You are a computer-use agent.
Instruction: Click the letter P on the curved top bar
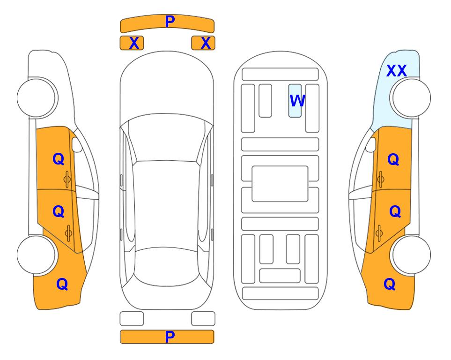(170, 21)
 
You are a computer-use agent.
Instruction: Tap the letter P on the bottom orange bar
(170, 337)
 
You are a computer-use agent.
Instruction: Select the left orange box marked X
(132, 43)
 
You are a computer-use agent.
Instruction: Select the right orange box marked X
(203, 43)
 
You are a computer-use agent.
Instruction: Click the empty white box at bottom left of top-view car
(132, 319)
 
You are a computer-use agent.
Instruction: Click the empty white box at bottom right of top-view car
(203, 319)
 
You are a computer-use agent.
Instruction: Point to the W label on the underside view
(297, 100)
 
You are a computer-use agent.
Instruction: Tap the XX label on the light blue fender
(396, 71)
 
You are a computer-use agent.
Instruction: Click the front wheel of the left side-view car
(37, 98)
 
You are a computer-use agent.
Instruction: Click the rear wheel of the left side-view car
(37, 255)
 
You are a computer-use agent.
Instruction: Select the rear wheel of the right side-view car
(412, 255)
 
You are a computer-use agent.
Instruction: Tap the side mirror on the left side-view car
(77, 144)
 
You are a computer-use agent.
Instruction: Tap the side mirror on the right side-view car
(371, 144)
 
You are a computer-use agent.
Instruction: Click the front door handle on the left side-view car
(67, 180)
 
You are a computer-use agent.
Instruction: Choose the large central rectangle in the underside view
(280, 184)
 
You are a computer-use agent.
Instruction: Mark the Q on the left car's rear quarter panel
(62, 284)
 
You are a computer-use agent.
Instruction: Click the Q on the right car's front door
(393, 159)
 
